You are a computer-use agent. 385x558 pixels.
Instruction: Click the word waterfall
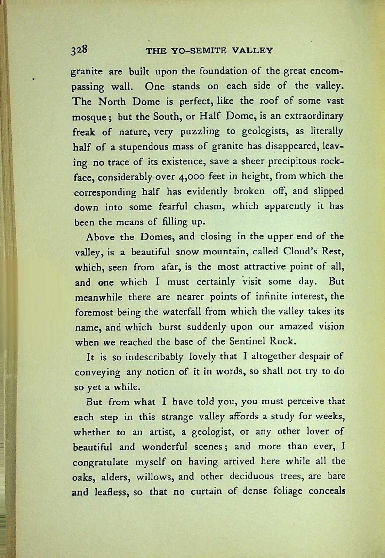pos(181,311)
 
